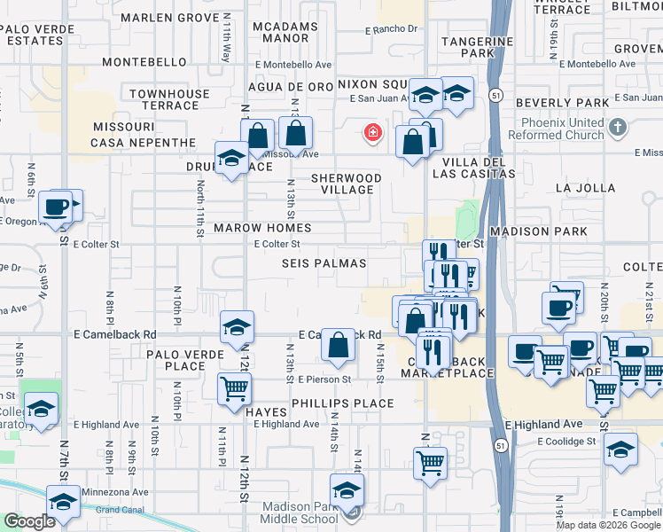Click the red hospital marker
(x=373, y=134)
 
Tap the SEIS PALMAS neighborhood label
(x=324, y=264)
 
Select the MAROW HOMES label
(x=262, y=229)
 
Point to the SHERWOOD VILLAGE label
(x=347, y=184)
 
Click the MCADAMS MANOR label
(x=285, y=33)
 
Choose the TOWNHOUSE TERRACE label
(x=169, y=99)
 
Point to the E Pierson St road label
(x=325, y=379)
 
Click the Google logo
(x=28, y=522)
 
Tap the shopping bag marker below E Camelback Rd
(x=338, y=345)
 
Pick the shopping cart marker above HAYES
(x=234, y=387)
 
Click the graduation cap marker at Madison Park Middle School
(x=347, y=490)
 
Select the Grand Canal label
(x=120, y=510)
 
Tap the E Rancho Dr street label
(x=391, y=29)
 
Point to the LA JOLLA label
(x=584, y=188)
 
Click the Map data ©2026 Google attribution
(x=607, y=525)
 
